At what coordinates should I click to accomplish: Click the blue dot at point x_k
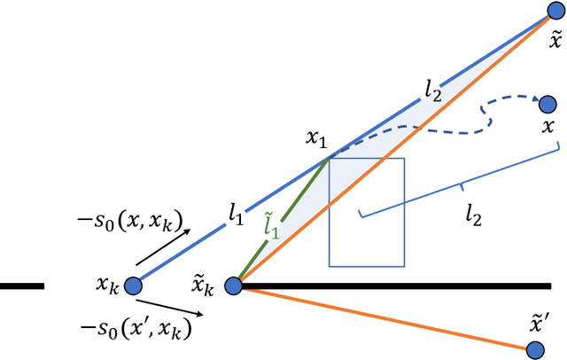[133, 286]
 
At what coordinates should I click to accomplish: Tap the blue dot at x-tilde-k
[233, 286]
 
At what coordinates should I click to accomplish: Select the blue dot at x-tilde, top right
[555, 10]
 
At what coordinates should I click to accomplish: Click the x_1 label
[316, 138]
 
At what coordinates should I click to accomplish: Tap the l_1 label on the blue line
[235, 212]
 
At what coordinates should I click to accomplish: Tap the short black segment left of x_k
[21, 286]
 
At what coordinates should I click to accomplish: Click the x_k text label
[107, 286]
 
